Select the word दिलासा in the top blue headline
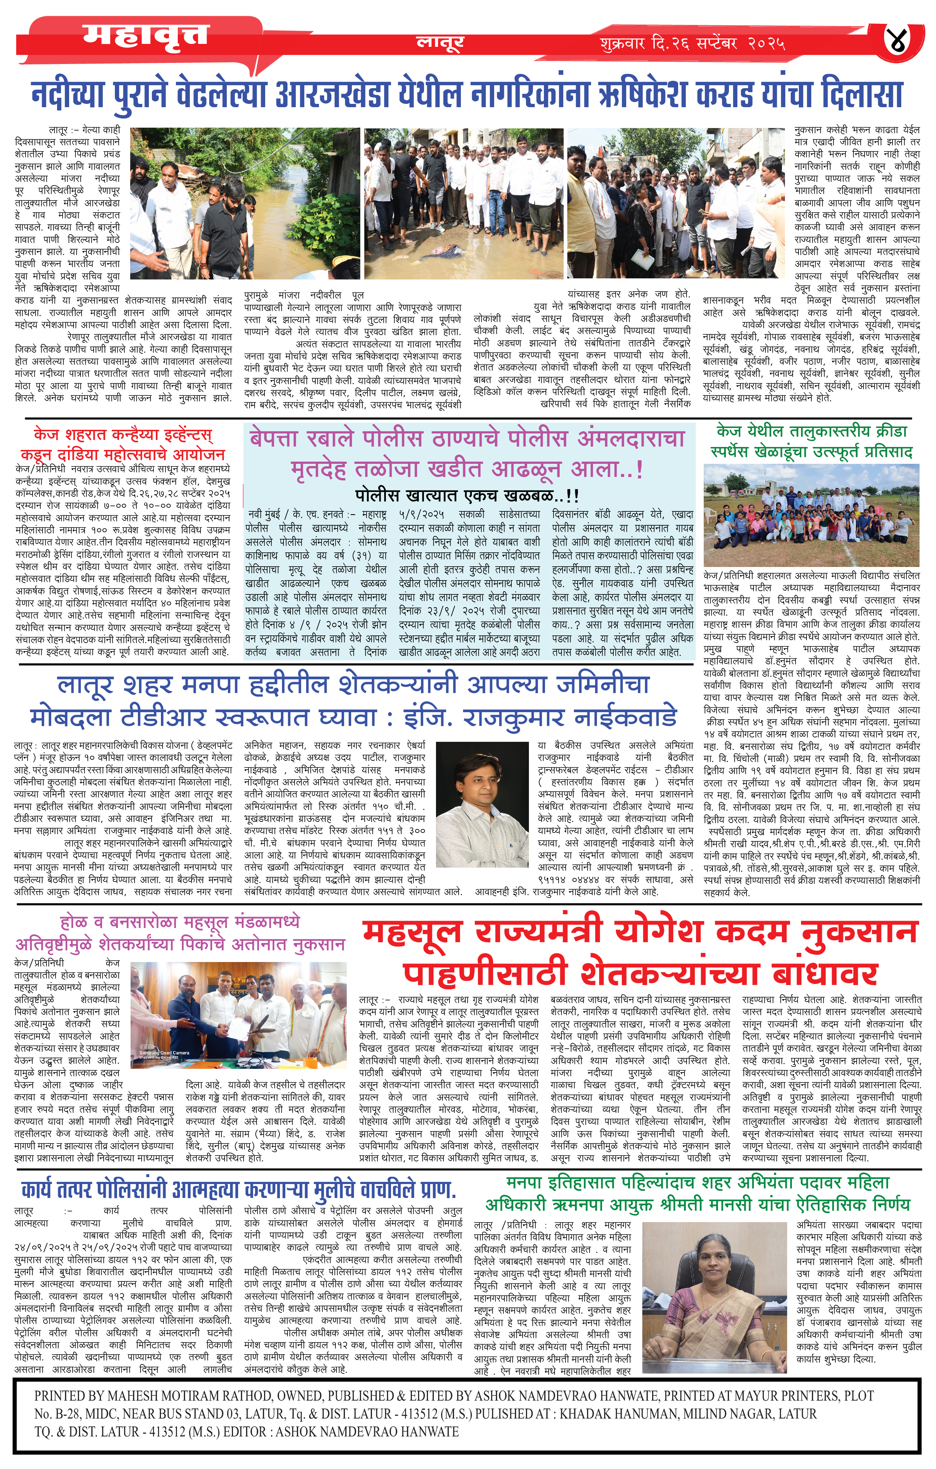[x=860, y=95]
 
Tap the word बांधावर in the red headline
[x=824, y=974]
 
